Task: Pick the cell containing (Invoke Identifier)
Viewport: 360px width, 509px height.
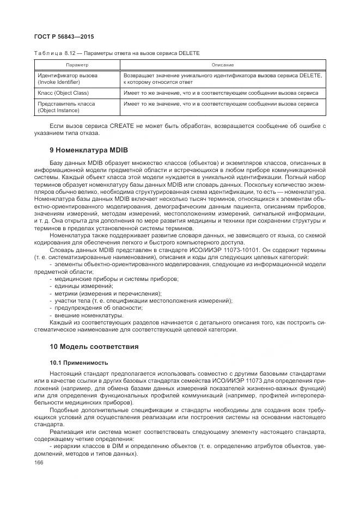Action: click(59, 82)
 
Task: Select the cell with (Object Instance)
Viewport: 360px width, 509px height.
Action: click(59, 111)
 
